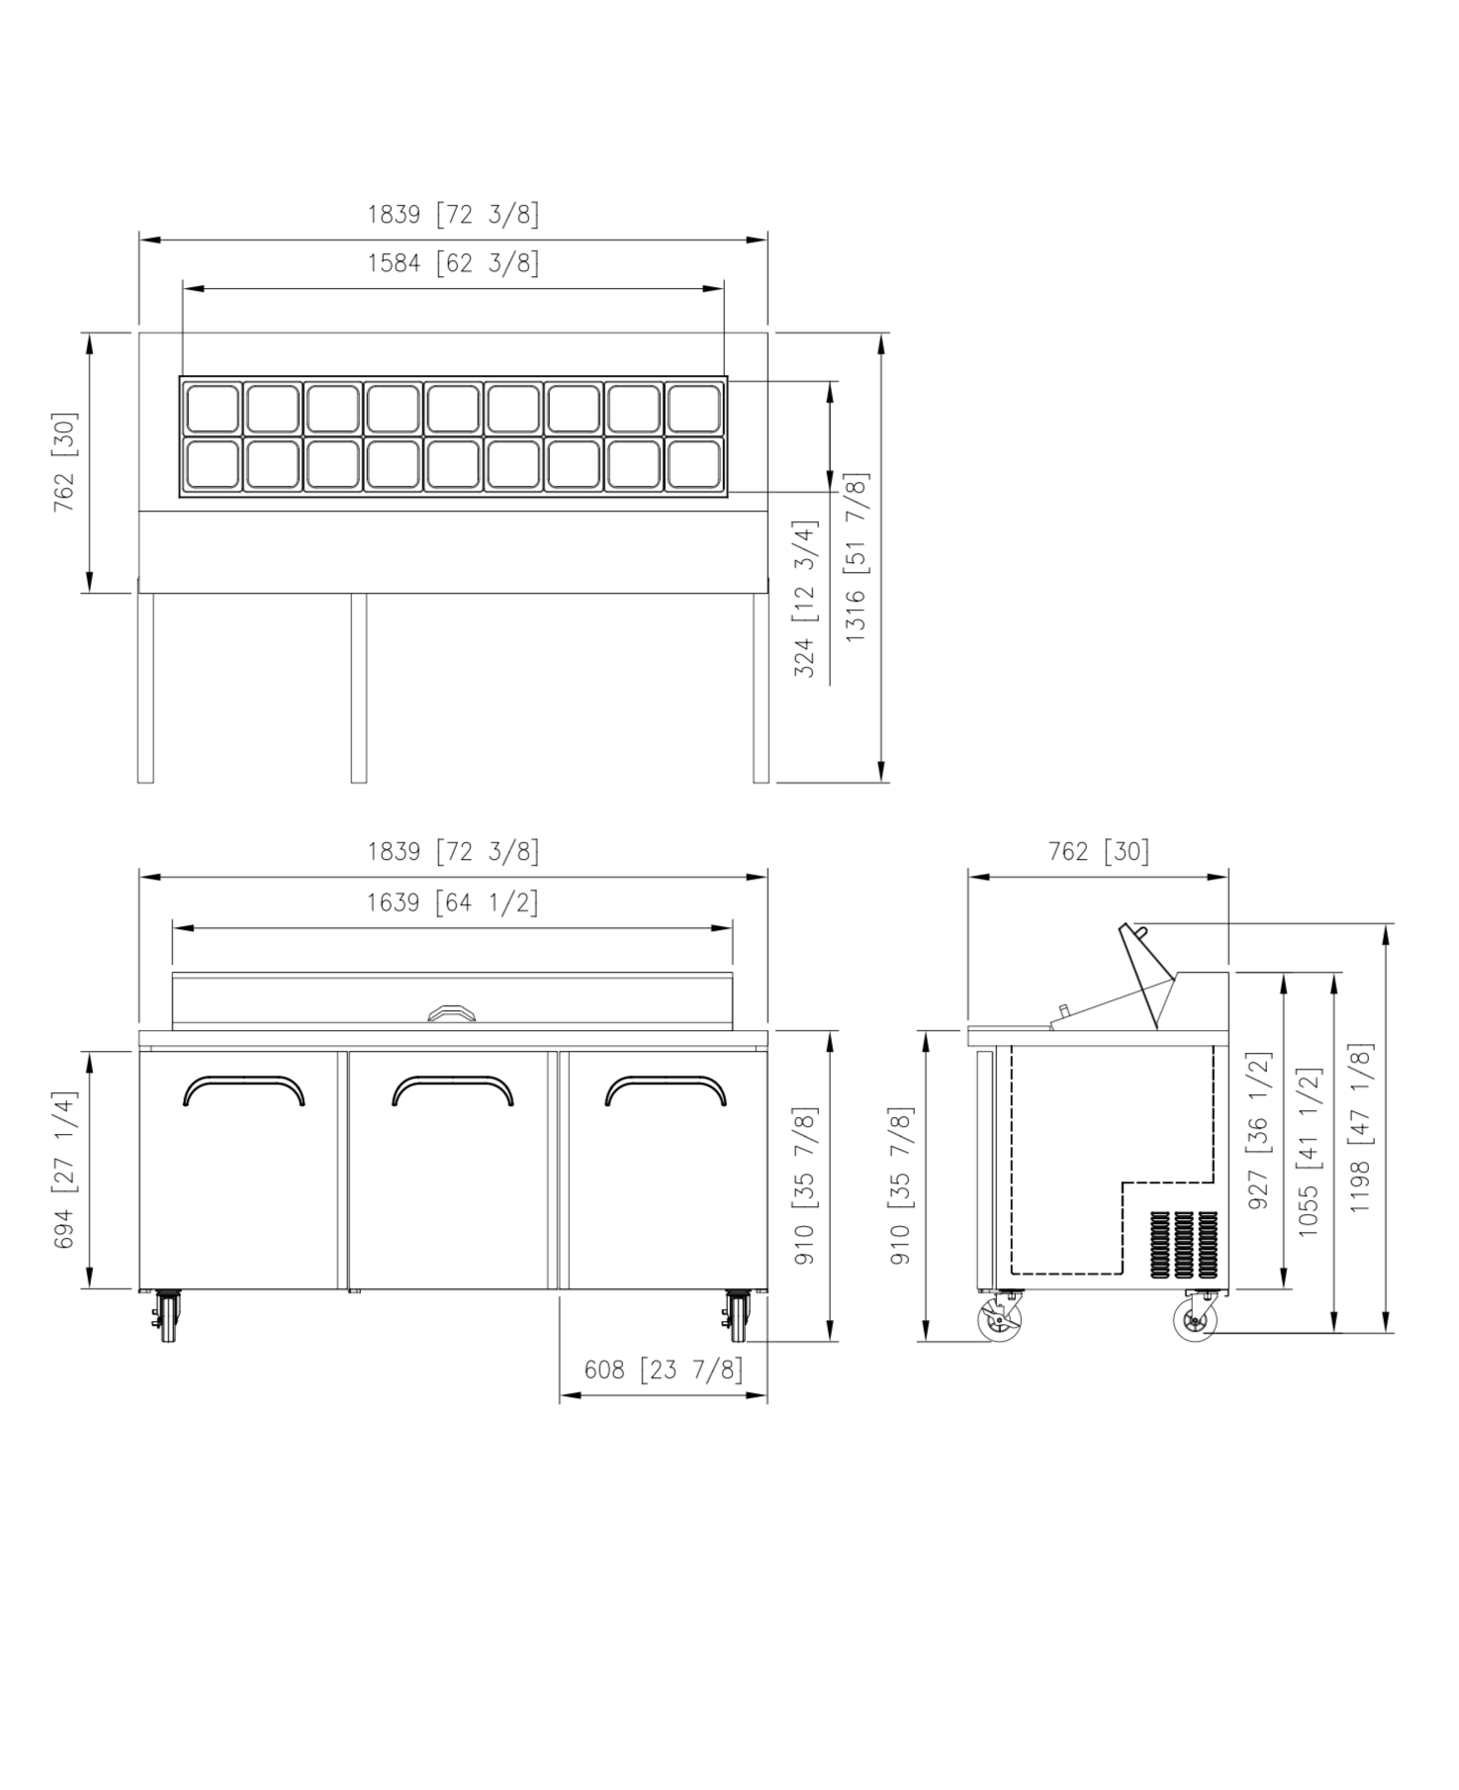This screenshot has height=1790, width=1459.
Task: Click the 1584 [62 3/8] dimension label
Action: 453,263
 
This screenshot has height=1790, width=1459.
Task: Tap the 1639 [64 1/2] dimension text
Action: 453,902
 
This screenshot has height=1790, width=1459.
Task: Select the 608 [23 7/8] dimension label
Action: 663,1369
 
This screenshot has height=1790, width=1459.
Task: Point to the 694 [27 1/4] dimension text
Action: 64,1170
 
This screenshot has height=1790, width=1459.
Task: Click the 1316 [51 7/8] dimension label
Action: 857,557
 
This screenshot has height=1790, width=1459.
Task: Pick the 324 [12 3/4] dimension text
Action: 806,599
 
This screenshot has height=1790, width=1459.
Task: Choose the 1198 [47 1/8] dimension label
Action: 1360,1127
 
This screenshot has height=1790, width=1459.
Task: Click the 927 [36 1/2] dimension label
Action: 1258,1130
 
